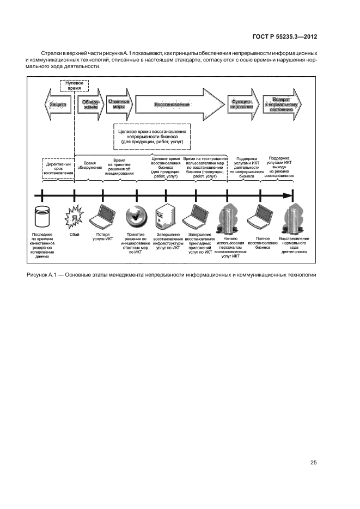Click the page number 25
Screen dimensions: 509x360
pyautogui.click(x=313, y=463)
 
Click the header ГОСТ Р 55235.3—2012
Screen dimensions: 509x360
pyautogui.click(x=285, y=37)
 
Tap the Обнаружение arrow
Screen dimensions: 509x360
pyautogui.click(x=90, y=104)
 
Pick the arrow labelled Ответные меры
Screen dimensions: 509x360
pyautogui.click(x=119, y=104)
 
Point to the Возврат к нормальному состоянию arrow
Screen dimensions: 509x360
pyautogui.click(x=279, y=104)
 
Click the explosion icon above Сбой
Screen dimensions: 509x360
pyautogui.click(x=73, y=218)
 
